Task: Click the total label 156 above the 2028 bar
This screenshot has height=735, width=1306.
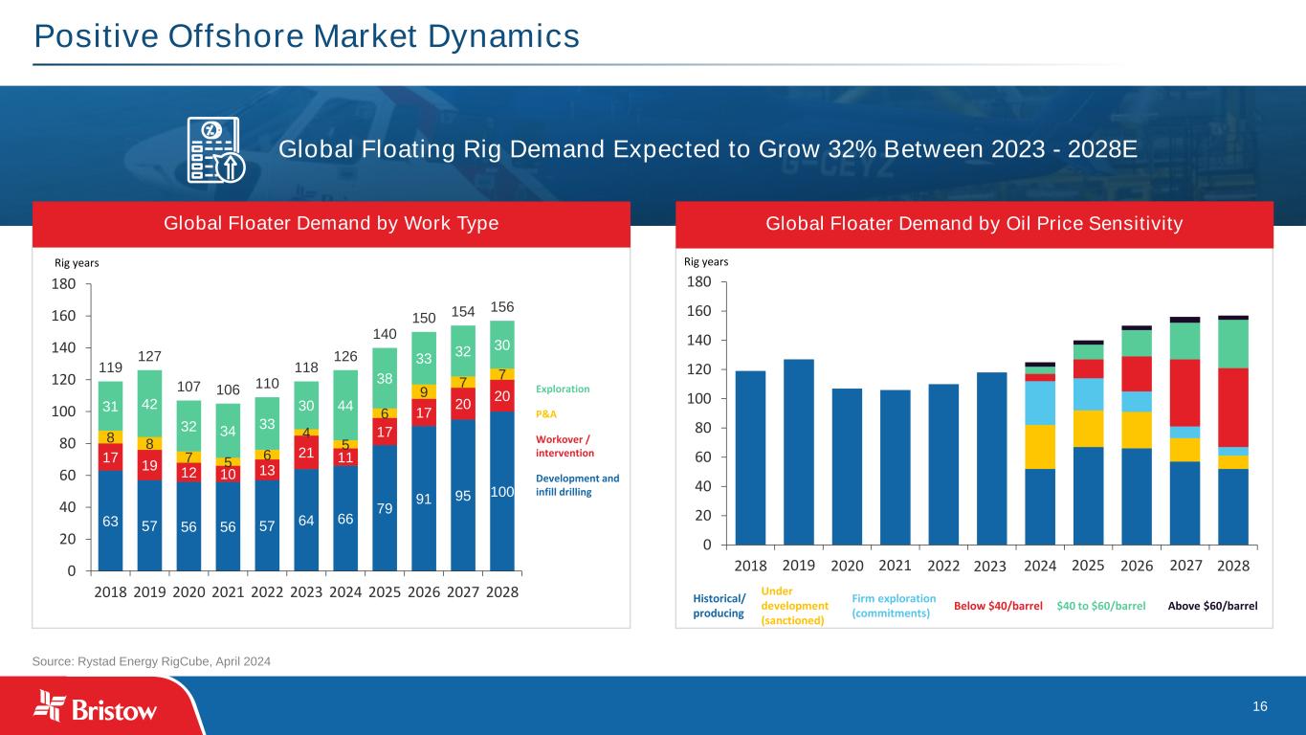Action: (502, 306)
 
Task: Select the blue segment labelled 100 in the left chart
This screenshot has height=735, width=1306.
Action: (502, 491)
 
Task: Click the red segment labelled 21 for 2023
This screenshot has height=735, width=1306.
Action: (306, 452)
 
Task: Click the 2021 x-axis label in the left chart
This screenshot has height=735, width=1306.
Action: (228, 591)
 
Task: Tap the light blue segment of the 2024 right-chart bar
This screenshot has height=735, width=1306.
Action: (1040, 403)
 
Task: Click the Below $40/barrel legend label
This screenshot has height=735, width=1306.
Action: (998, 606)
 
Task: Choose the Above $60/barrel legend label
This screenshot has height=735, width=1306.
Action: (1212, 606)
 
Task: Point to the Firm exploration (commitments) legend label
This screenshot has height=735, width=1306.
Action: (893, 606)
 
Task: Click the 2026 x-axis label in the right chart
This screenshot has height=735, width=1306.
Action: (1137, 565)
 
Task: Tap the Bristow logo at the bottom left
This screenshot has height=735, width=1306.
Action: (96, 706)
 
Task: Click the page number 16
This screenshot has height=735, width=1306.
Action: (1259, 706)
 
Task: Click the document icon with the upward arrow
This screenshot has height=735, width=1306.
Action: (216, 151)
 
